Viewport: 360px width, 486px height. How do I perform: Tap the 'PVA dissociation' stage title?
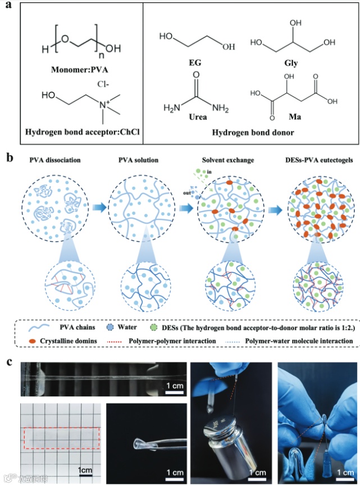(x=56, y=161)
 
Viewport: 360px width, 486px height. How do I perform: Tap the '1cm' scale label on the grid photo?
(x=85, y=469)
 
